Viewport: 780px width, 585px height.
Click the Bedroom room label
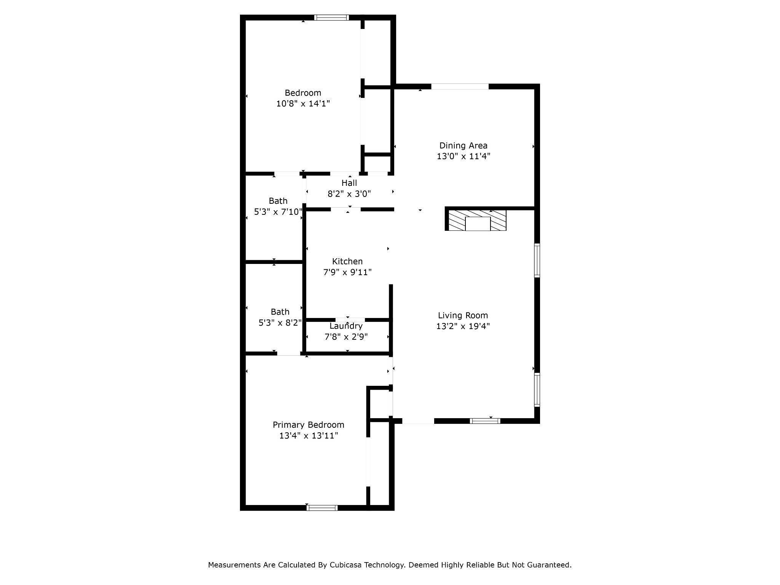pos(303,93)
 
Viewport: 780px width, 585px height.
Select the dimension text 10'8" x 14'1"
pos(303,104)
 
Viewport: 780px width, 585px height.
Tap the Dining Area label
pos(463,145)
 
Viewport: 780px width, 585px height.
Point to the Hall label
pos(349,183)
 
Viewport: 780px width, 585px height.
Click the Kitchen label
pos(347,261)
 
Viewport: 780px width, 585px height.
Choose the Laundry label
pos(346,326)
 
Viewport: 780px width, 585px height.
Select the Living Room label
pos(463,315)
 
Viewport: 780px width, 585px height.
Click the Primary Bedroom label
pos(308,425)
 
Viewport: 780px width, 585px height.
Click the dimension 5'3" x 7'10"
pos(278,212)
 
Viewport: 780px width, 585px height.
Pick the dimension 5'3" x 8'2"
pos(280,323)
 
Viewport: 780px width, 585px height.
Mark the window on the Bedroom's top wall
pos(331,18)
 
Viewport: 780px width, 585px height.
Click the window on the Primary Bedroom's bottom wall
pos(322,508)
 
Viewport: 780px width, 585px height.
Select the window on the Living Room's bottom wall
pos(485,421)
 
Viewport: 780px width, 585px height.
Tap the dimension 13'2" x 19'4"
pos(463,326)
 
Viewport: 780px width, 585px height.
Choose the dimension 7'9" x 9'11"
pos(347,272)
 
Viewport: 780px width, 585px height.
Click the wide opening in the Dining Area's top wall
pos(460,86)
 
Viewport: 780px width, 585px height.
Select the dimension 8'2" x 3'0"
pos(349,194)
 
